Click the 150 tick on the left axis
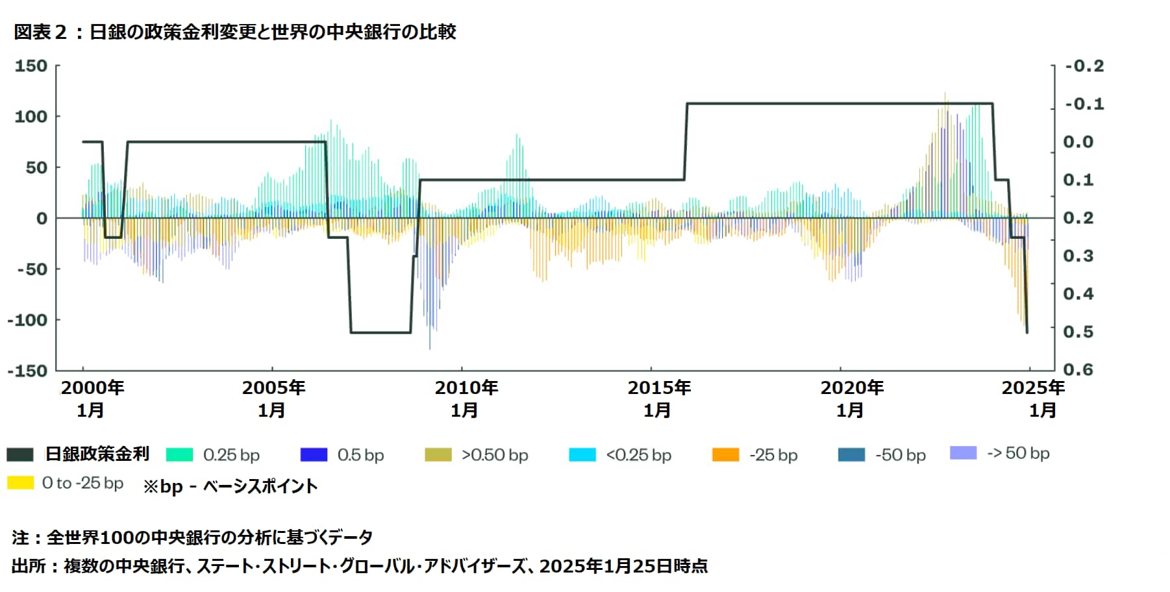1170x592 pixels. (31, 66)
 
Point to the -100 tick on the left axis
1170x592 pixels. (27, 320)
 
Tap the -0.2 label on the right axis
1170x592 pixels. (1084, 66)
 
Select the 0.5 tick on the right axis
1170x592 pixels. (1078, 332)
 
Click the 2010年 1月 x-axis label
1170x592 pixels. (466, 399)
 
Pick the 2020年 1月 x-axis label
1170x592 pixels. (851, 399)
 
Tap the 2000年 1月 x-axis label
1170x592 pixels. (92, 399)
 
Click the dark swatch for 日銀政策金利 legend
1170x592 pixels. (20, 454)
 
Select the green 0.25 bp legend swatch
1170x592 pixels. (180, 454)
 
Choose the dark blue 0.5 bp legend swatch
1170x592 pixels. (314, 454)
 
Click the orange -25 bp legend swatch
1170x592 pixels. (725, 454)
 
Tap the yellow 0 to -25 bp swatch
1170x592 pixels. (20, 483)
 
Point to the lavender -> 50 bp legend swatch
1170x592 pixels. (963, 452)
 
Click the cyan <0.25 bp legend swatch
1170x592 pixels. (582, 454)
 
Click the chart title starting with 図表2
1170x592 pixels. (235, 32)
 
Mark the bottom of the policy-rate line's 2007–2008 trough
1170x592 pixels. (380, 333)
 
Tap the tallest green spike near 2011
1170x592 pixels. (517, 136)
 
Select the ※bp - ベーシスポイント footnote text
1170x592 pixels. (230, 486)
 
